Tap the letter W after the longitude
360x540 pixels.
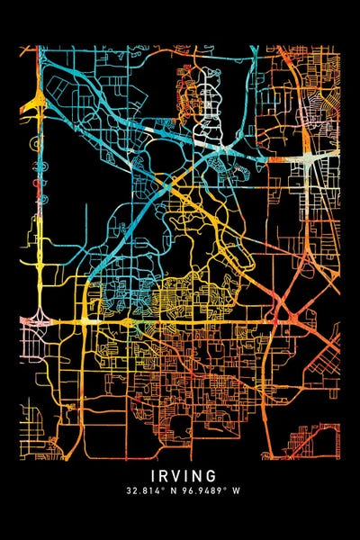[231, 492]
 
